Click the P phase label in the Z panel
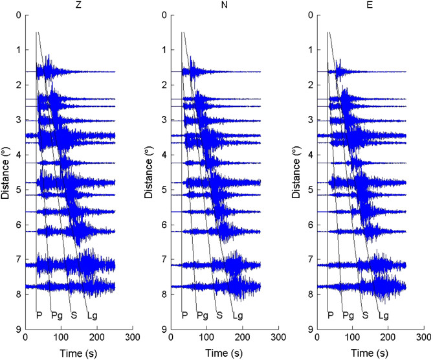tap(39, 315)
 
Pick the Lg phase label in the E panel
tap(383, 315)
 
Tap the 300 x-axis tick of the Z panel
tap(133, 338)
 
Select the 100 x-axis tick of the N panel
tap(206, 338)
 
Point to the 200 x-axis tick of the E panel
tap(388, 338)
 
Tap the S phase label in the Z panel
tap(74, 315)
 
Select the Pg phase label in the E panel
tap(348, 315)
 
